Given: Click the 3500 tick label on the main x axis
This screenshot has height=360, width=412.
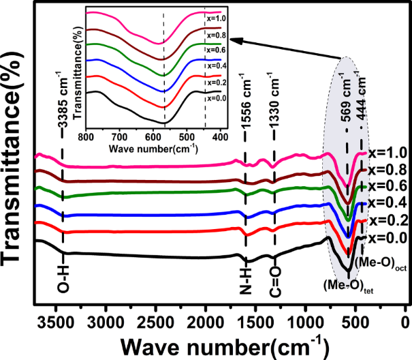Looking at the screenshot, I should pyautogui.click(x=55, y=322).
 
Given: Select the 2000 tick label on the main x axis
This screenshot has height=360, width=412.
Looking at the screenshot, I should pyautogui.click(x=205, y=322).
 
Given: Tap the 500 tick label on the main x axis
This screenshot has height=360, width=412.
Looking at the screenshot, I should pyautogui.click(x=355, y=322).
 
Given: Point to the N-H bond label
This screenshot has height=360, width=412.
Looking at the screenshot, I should pyautogui.click(x=247, y=279).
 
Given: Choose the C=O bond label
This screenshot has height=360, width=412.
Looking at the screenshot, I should pyautogui.click(x=275, y=279).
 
